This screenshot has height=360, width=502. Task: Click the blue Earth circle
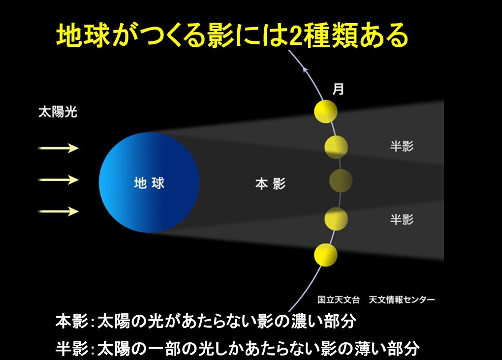(x=149, y=182)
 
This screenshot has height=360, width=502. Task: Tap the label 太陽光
(x=58, y=112)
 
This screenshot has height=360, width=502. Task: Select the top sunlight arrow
(x=58, y=148)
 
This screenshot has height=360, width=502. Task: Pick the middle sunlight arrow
(x=58, y=180)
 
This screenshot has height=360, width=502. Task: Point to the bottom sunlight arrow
(x=58, y=211)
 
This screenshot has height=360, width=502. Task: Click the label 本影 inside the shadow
(x=270, y=184)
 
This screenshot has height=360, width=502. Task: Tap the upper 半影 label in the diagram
(x=402, y=146)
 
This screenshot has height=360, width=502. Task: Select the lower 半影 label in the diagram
(x=402, y=219)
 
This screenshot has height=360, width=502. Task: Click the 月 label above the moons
(x=338, y=89)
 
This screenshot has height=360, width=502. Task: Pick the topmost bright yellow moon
(x=326, y=111)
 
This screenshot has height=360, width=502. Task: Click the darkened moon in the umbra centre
(x=341, y=181)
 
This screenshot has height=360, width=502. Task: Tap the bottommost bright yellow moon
(x=326, y=255)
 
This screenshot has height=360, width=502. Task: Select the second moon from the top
(x=336, y=147)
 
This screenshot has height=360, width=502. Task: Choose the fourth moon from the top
(x=336, y=219)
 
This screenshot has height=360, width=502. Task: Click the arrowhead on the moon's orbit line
(x=306, y=69)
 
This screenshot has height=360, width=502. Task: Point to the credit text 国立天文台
(x=339, y=300)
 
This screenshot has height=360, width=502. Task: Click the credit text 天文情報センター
(x=402, y=300)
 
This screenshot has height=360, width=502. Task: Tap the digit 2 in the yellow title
(x=295, y=35)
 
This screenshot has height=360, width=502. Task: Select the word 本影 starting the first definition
(x=71, y=321)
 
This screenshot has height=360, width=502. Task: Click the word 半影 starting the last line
(x=71, y=349)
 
